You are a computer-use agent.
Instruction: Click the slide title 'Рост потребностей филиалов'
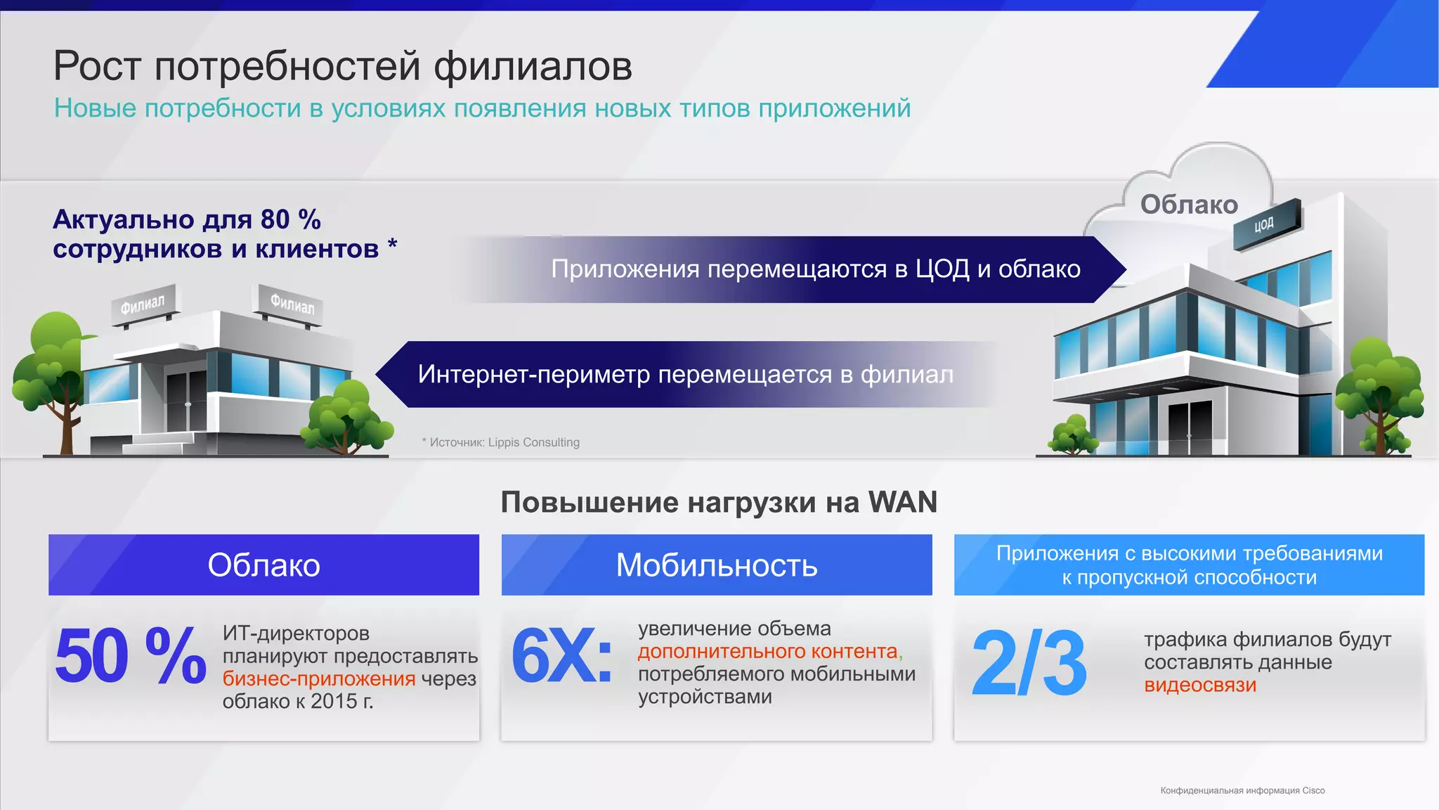(x=343, y=66)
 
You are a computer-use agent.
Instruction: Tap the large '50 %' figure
(x=131, y=657)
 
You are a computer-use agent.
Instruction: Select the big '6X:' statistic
(x=561, y=657)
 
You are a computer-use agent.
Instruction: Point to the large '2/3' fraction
(x=1029, y=662)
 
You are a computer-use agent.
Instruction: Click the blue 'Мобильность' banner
(x=717, y=565)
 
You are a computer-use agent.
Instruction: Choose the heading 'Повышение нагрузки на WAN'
(x=719, y=502)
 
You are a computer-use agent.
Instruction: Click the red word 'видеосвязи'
(x=1200, y=685)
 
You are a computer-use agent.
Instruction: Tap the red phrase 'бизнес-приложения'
(x=319, y=679)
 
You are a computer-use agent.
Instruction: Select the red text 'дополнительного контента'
(x=768, y=651)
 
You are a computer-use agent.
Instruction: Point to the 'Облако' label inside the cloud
(x=1189, y=205)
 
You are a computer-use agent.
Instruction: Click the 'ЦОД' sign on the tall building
(x=1265, y=224)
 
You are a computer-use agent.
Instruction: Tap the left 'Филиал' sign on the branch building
(x=143, y=304)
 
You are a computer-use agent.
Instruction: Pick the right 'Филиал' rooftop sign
(x=292, y=304)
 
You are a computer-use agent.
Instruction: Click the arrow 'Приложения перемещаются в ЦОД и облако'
(x=815, y=269)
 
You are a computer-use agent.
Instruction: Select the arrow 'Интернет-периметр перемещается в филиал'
(x=685, y=374)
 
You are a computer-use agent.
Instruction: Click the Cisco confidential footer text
(x=1242, y=790)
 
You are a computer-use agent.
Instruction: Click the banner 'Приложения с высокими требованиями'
(x=1189, y=565)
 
